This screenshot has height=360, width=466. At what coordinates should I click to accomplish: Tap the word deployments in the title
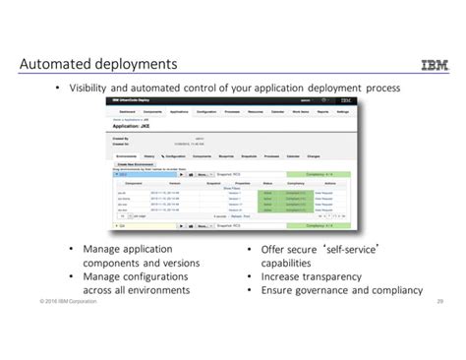click(137, 65)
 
